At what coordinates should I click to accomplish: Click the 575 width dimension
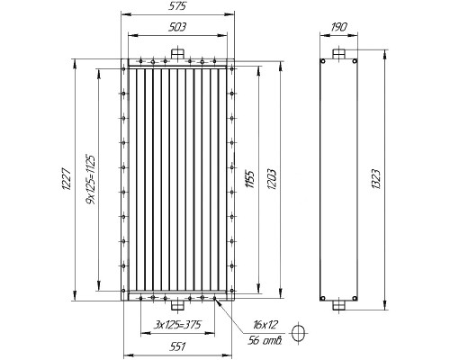pos(177,6)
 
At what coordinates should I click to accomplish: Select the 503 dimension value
pos(177,27)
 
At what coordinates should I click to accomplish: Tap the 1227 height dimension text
pos(67,179)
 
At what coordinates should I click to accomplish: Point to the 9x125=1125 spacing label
pos(91,179)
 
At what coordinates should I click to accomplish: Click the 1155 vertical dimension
pos(250,179)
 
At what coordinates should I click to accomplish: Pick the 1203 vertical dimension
pos(272,179)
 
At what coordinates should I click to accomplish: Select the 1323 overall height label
pos(376,179)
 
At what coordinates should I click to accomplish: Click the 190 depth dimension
pos(339,27)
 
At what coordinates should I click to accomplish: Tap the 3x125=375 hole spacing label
pos(177,325)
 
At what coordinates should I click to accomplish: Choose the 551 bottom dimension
pos(177,347)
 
